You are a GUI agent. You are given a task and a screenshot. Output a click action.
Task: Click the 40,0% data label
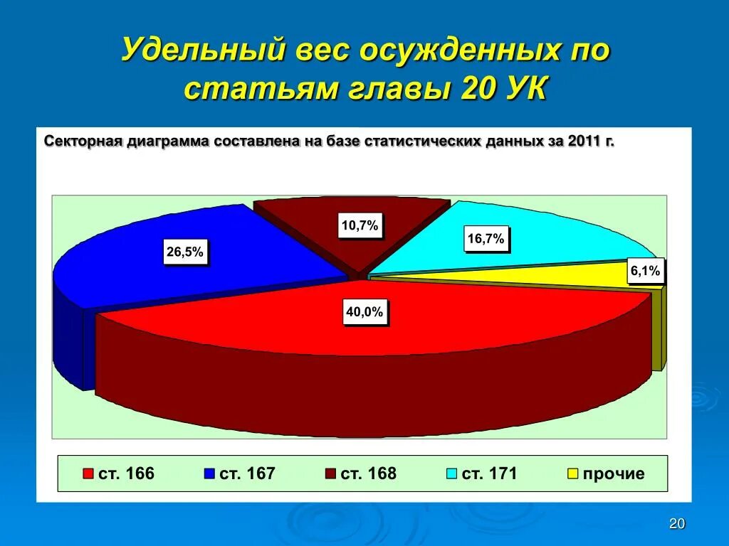(364, 312)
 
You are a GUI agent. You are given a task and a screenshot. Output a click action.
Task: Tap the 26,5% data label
(185, 252)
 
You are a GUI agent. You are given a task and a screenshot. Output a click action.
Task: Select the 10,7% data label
(360, 227)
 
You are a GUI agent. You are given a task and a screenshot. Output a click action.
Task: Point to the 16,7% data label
(486, 240)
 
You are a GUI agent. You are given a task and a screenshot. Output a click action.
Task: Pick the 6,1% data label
(645, 271)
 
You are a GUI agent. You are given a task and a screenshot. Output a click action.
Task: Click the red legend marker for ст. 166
(88, 474)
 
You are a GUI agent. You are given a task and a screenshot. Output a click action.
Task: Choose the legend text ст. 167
(246, 473)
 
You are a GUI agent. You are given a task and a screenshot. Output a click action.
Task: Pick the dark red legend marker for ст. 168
(330, 474)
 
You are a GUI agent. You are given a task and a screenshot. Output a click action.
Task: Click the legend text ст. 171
(489, 473)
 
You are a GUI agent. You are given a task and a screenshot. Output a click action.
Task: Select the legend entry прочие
(613, 473)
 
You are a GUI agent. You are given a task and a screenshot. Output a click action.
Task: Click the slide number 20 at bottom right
(677, 524)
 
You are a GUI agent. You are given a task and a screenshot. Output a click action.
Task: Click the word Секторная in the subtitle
(83, 141)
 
